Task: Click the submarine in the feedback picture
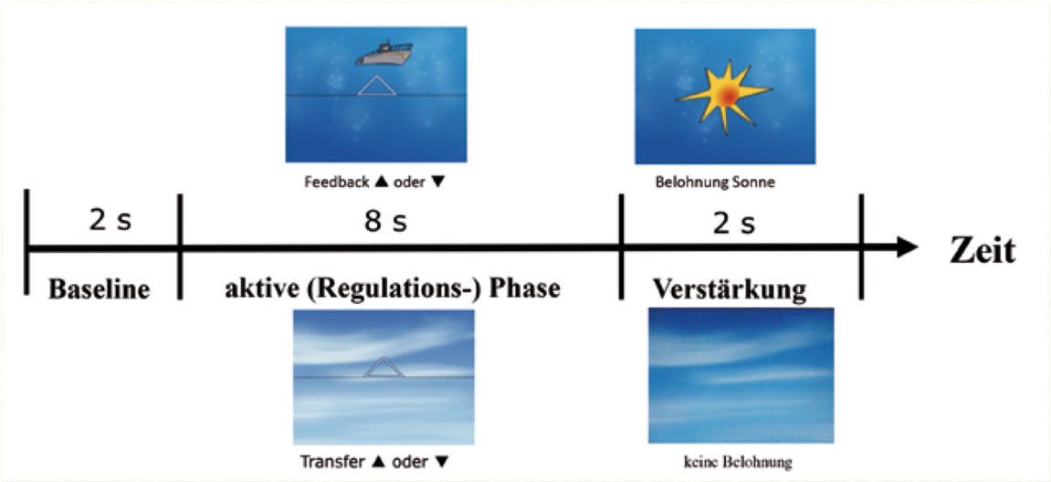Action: [x=382, y=54]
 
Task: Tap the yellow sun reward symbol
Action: [x=724, y=96]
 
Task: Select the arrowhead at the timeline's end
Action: [x=906, y=247]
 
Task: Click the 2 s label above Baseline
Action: [x=110, y=222]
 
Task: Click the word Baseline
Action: [x=100, y=289]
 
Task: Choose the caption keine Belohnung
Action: [x=738, y=462]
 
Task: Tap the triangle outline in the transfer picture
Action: [x=384, y=367]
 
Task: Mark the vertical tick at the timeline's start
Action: [x=26, y=242]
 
